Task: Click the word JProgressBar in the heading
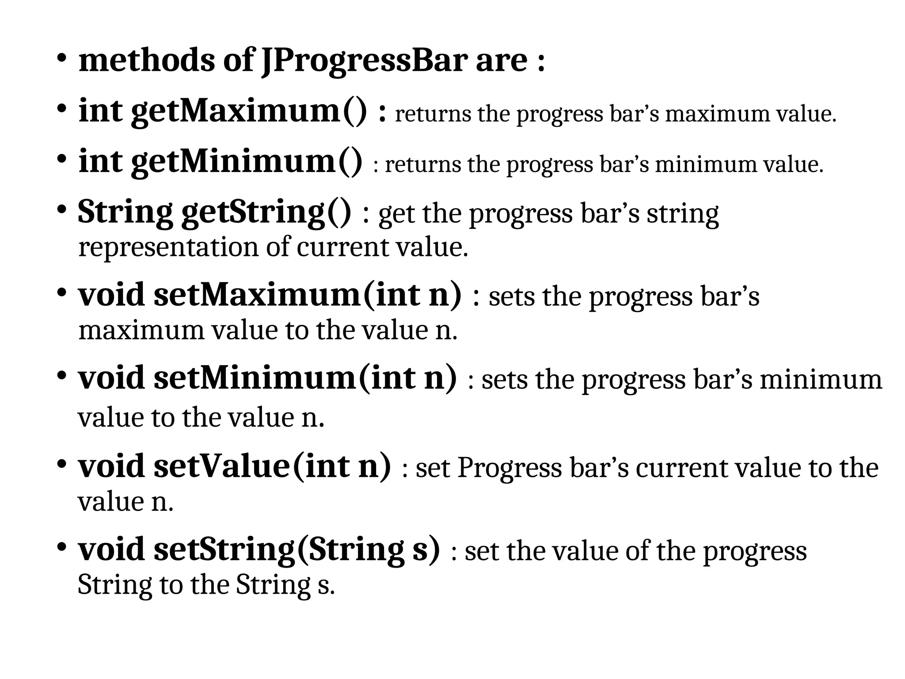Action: click(364, 61)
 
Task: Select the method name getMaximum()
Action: click(249, 111)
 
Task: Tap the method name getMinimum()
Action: click(247, 161)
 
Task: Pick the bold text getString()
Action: click(266, 212)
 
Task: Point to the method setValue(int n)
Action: click(272, 467)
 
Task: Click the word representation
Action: click(168, 247)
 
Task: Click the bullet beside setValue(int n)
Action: click(61, 464)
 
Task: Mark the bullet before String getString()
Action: click(61, 210)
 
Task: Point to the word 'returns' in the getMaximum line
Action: click(433, 114)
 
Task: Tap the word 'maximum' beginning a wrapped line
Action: click(141, 330)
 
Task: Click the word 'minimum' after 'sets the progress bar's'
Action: click(821, 380)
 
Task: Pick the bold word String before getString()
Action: click(125, 212)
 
